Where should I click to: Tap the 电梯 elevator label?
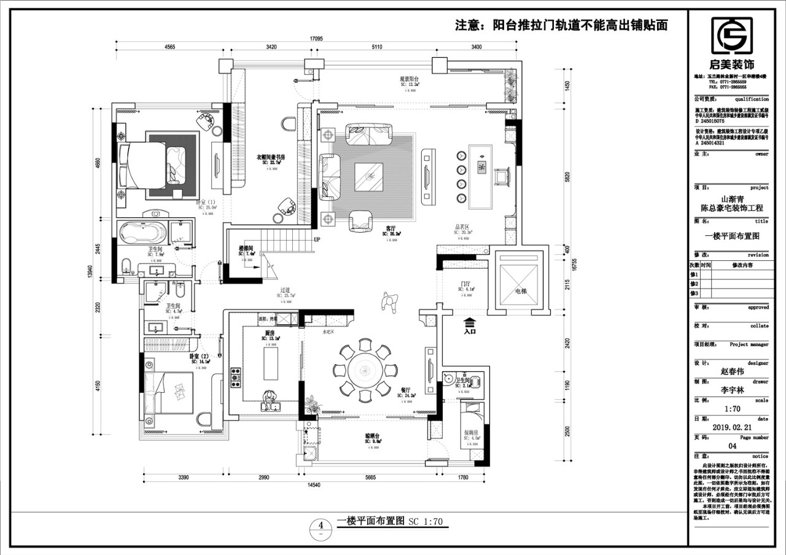click(521, 291)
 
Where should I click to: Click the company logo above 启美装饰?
click(732, 36)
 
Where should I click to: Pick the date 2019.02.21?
click(731, 427)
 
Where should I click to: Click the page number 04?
click(731, 446)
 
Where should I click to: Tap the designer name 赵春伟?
click(731, 371)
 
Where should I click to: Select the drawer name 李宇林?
click(731, 390)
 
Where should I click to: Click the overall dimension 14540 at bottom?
click(313, 485)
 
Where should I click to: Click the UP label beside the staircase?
click(317, 239)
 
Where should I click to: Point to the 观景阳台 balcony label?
click(409, 79)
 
